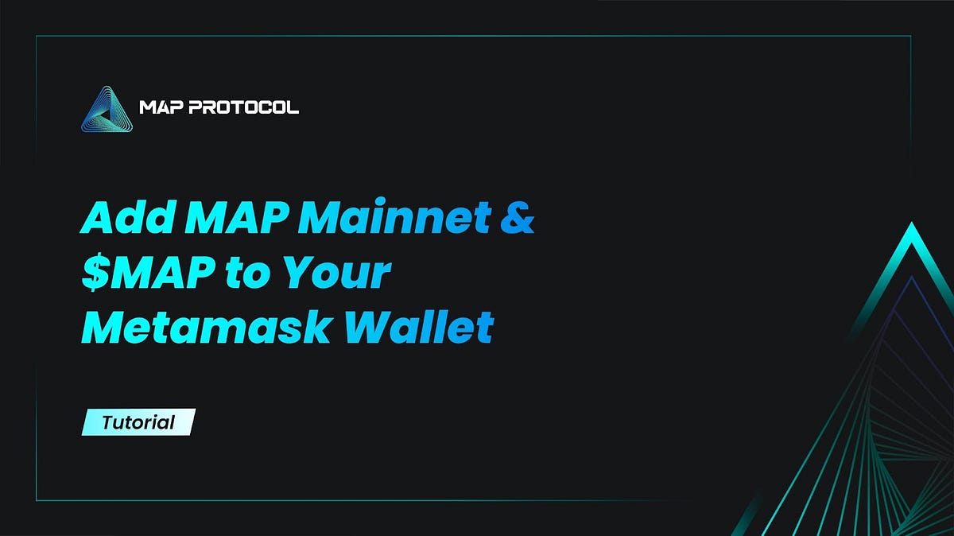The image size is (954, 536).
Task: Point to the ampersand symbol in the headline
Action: click(516, 219)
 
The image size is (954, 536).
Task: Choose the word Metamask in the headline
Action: click(204, 328)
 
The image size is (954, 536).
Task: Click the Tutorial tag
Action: click(138, 421)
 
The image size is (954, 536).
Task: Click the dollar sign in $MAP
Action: click(92, 274)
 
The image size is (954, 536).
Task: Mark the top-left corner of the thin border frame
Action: click(37, 36)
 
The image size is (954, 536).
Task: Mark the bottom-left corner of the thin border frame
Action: click(37, 500)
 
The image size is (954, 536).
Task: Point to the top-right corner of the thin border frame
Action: click(911, 36)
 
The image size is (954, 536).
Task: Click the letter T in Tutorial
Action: click(107, 421)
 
